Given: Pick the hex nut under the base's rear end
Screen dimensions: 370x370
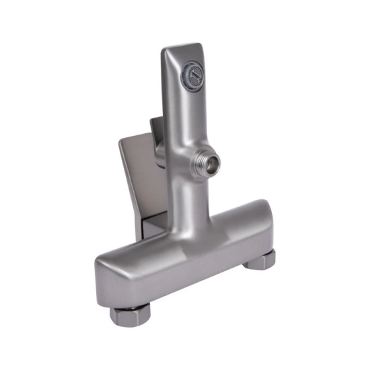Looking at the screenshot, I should [259, 260].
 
